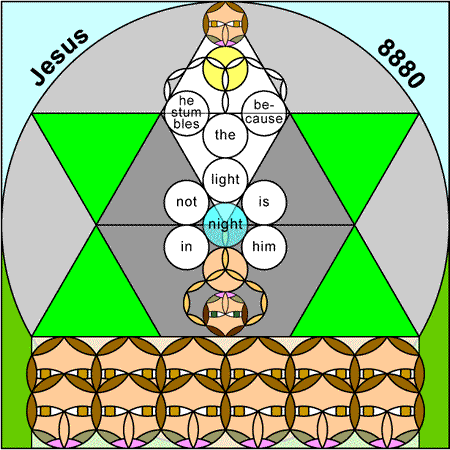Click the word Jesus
(59, 57)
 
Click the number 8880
(401, 63)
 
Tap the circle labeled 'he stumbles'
(187, 113)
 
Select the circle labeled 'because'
(264, 113)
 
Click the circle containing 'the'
(225, 135)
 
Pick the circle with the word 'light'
(225, 180)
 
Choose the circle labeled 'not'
(187, 202)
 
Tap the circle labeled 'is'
(264, 202)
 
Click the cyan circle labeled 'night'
(225, 225)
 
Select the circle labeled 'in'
(187, 247)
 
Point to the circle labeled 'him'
(264, 247)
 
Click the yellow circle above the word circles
(225, 68)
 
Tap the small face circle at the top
(225, 24)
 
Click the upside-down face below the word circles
(225, 314)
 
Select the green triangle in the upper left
(97, 150)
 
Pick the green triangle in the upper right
(354, 150)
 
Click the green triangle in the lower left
(97, 298)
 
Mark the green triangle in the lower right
(354, 298)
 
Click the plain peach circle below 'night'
(225, 269)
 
